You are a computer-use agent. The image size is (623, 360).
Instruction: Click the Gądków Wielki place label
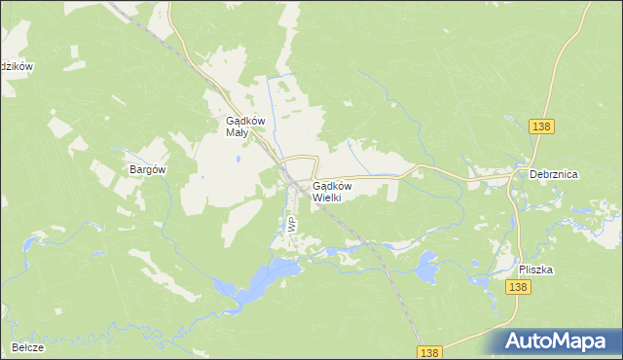[x=333, y=191]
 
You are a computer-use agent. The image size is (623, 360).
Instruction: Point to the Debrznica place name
[x=554, y=174]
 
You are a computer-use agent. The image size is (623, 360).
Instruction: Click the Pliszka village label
[x=535, y=270]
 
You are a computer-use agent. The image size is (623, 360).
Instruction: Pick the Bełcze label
[x=28, y=347]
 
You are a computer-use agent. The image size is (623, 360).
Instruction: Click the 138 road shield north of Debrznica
[x=542, y=126]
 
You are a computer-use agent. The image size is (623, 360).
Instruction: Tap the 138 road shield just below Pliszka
[x=518, y=287]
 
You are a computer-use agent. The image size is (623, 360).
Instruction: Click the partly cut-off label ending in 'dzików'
[x=17, y=66]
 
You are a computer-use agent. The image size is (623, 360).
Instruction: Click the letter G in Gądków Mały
[x=218, y=121]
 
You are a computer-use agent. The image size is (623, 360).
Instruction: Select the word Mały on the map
[x=238, y=132]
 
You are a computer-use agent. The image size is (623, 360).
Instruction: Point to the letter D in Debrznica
[x=533, y=174]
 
